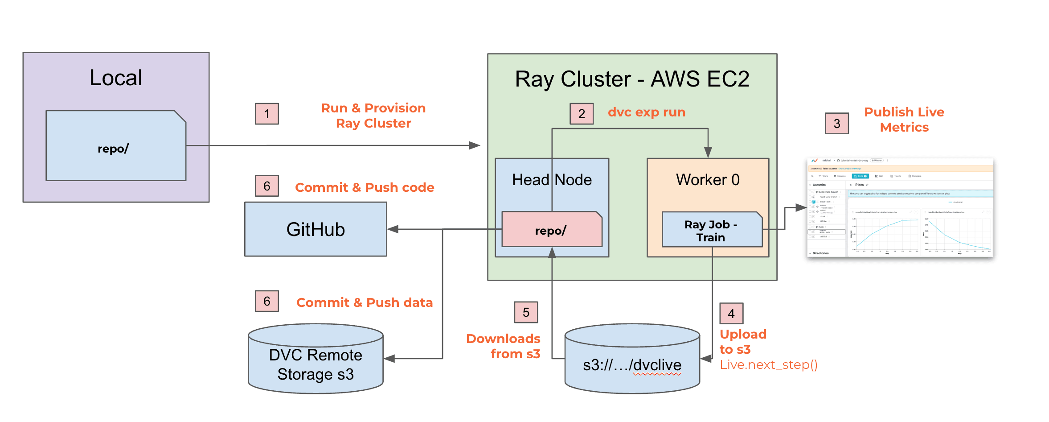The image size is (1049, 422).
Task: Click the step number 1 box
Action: tap(266, 114)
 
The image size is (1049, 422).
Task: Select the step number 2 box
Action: tap(581, 114)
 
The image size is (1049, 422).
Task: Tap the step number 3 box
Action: tap(836, 124)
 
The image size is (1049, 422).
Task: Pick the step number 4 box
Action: tap(731, 314)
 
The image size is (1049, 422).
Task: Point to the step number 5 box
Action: tap(526, 312)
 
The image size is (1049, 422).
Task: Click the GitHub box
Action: tap(316, 229)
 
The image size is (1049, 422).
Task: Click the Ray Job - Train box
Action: tap(712, 230)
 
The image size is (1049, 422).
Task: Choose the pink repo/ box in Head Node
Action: tap(552, 230)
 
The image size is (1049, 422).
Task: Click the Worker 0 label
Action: tap(708, 180)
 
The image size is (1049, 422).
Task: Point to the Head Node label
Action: tap(552, 180)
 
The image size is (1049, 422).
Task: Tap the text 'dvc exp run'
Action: tap(646, 112)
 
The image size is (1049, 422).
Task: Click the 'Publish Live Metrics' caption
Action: tap(904, 120)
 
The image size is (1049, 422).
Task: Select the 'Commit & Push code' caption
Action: tap(364, 187)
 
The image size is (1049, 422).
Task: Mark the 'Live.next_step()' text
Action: tap(768, 365)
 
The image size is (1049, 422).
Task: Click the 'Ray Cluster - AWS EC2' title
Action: tap(632, 79)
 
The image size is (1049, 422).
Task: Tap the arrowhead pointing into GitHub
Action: tap(393, 229)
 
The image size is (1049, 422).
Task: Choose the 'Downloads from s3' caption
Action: tap(503, 346)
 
